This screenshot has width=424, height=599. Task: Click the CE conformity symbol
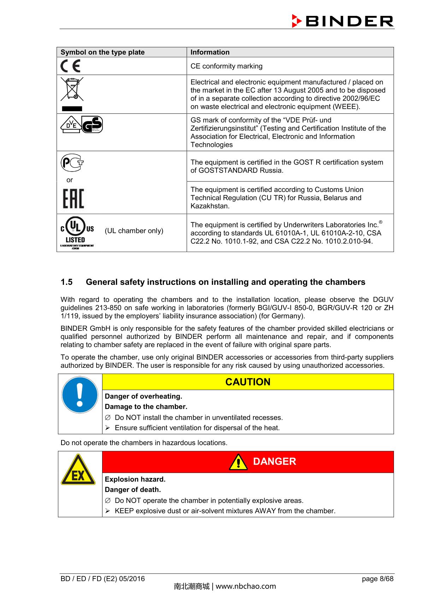tap(70, 66)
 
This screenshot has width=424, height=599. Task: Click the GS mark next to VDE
tap(92, 125)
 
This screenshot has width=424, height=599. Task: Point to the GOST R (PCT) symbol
tap(72, 163)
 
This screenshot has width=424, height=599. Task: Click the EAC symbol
tap(73, 198)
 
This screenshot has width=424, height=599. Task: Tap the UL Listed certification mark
tap(77, 232)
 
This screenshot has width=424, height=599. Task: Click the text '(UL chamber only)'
tap(134, 231)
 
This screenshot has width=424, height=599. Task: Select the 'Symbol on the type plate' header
tap(102, 52)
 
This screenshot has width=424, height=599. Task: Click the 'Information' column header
tap(210, 52)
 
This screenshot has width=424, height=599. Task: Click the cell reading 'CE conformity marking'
tap(226, 66)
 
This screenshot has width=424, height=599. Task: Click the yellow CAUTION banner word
tap(248, 382)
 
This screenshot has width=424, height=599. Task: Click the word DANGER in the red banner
tap(275, 461)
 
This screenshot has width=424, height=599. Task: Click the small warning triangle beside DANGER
tap(238, 462)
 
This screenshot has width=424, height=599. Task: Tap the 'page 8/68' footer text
tap(377, 579)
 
